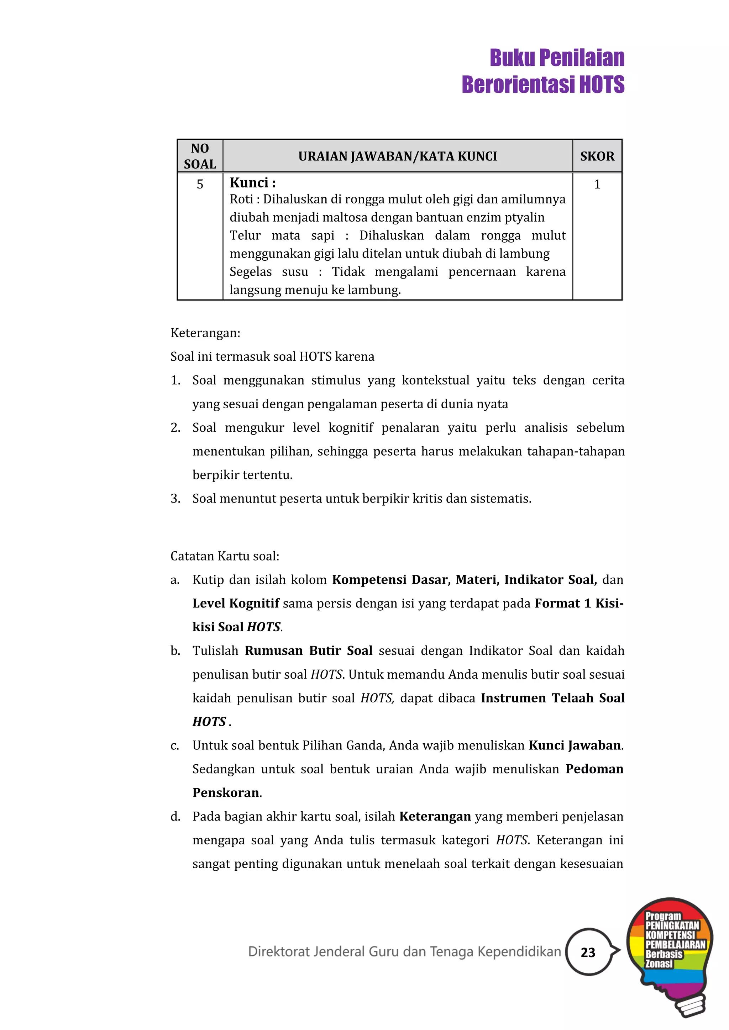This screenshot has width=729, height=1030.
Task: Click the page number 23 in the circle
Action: tap(588, 952)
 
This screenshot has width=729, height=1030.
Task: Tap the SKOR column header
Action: tap(597, 156)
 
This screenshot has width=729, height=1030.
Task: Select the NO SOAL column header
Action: tap(200, 156)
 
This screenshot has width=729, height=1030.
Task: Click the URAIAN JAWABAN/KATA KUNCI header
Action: tap(397, 156)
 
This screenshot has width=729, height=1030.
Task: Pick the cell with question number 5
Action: tap(200, 184)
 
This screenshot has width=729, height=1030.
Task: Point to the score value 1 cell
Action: tap(597, 184)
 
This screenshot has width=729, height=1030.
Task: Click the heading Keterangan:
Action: tap(205, 333)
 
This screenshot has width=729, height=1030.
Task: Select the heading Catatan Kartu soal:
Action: tap(225, 556)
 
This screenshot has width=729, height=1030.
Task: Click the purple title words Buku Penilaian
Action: tap(557, 58)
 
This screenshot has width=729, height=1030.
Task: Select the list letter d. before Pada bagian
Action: tap(175, 817)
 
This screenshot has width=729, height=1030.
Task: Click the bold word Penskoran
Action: tap(226, 793)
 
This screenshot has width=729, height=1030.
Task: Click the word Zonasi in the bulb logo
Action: tap(659, 963)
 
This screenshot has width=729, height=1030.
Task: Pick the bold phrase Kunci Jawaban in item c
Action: tap(575, 745)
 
